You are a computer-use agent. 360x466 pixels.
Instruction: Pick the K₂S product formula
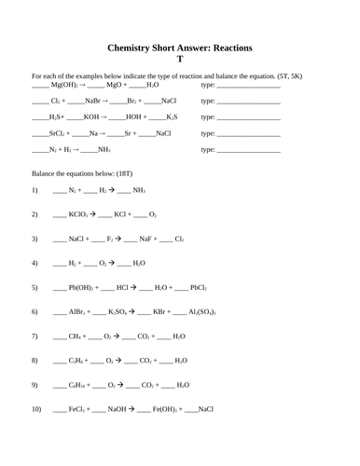172,117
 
